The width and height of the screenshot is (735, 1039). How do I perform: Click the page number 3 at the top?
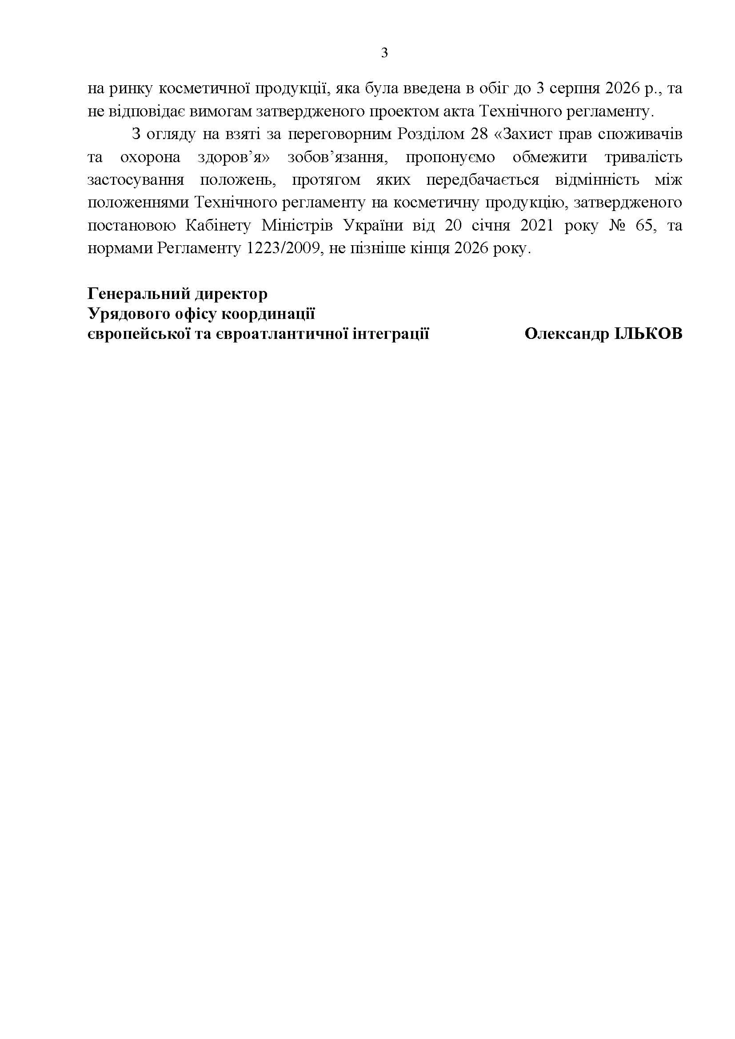point(384,53)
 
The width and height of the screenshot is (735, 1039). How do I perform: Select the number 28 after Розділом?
point(481,135)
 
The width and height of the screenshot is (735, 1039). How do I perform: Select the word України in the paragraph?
point(373,225)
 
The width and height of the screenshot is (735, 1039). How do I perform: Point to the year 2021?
point(537,225)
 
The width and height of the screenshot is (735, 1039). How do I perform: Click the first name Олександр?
point(567,334)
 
